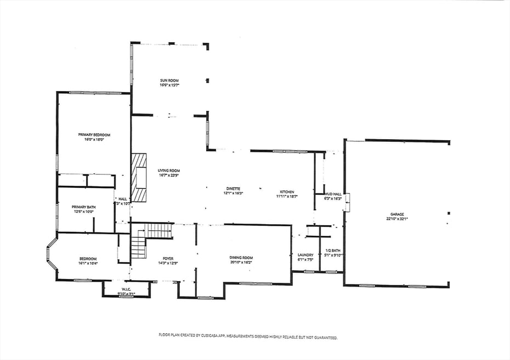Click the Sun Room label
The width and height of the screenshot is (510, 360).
169,81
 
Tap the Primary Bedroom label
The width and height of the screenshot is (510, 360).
94,135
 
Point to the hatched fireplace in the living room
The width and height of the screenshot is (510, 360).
139,178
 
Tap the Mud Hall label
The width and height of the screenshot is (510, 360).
333,194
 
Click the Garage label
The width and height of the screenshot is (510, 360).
396,214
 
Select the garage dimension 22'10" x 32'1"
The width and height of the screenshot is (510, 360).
396,219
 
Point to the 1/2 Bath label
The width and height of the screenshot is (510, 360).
333,250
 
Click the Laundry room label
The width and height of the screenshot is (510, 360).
305,255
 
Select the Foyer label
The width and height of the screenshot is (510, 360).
168,258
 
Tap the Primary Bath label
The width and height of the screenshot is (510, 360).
84,207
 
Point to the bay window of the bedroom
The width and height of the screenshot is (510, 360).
51,256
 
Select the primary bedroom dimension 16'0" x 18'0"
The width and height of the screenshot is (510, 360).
94,140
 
